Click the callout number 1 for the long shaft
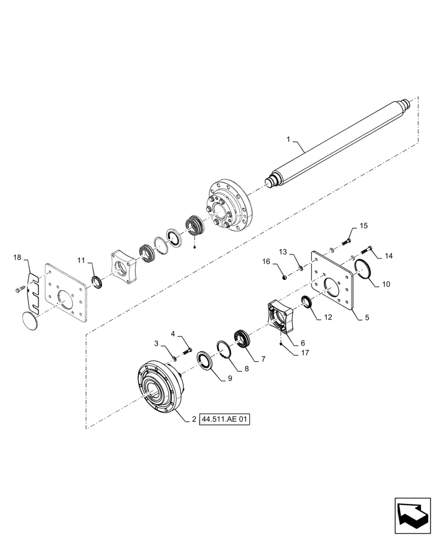288,139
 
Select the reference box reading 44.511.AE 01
226,419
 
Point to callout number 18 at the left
18,258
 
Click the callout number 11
81,260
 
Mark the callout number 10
385,285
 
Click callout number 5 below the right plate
367,317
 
